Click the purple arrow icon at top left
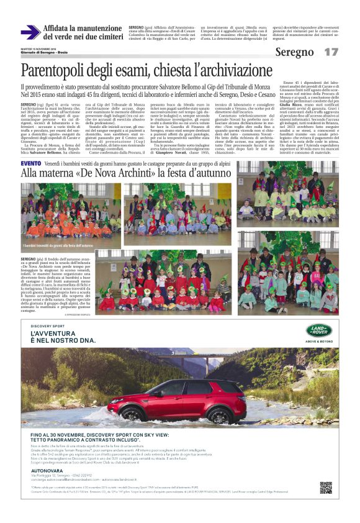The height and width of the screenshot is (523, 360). [30, 32]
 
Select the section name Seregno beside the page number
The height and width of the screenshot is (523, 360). [295, 52]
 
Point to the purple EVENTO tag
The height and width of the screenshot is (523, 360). [30, 163]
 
